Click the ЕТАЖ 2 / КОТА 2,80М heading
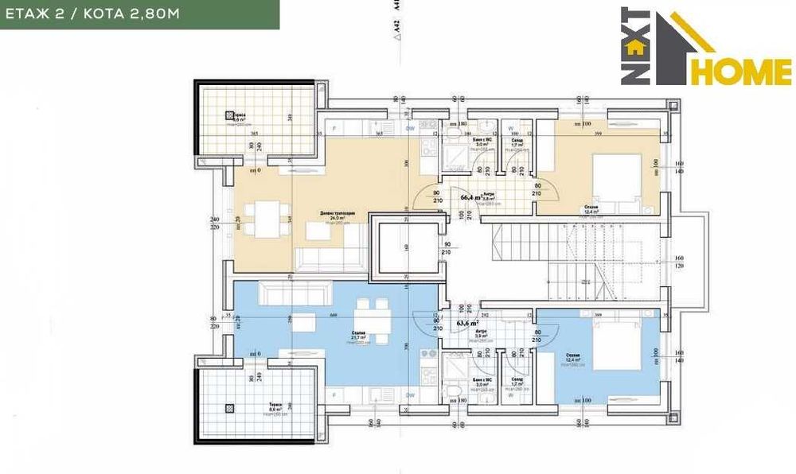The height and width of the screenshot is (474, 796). (x=139, y=14)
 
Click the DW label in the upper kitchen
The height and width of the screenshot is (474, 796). (x=410, y=127)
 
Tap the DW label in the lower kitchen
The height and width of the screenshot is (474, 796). (x=410, y=394)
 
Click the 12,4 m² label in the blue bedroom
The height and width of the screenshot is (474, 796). (x=573, y=360)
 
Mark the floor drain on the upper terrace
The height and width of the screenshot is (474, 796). (x=230, y=115)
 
